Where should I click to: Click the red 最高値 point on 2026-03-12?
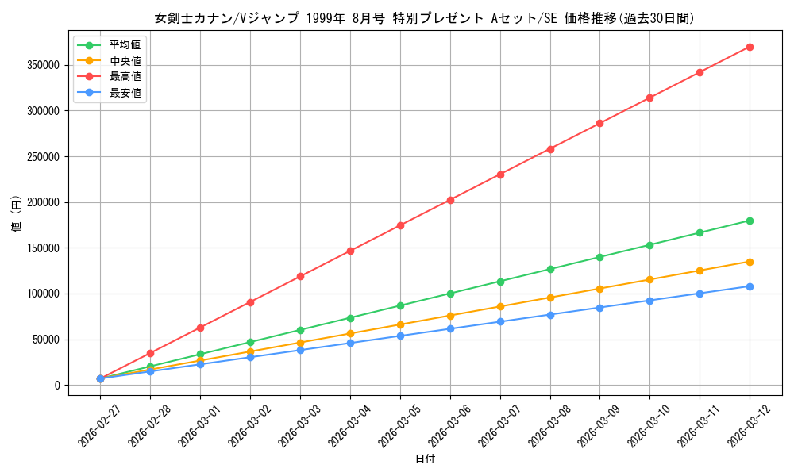[x=750, y=47]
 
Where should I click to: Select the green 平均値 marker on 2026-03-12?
[x=750, y=221]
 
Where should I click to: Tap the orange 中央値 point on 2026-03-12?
[x=750, y=262]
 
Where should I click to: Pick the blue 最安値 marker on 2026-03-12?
[x=750, y=286]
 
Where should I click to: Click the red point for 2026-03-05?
[x=400, y=225]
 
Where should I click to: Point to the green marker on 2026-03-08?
[x=550, y=269]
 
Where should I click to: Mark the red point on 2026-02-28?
[x=150, y=353]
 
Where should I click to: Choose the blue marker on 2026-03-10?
[x=649, y=301]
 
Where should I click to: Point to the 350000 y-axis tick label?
[x=44, y=65]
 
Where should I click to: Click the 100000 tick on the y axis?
[x=44, y=294]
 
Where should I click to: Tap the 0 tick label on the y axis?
[x=58, y=386]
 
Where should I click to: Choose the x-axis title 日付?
[x=425, y=459]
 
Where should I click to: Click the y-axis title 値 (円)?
[x=16, y=214]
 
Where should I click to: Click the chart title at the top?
[x=425, y=18]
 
